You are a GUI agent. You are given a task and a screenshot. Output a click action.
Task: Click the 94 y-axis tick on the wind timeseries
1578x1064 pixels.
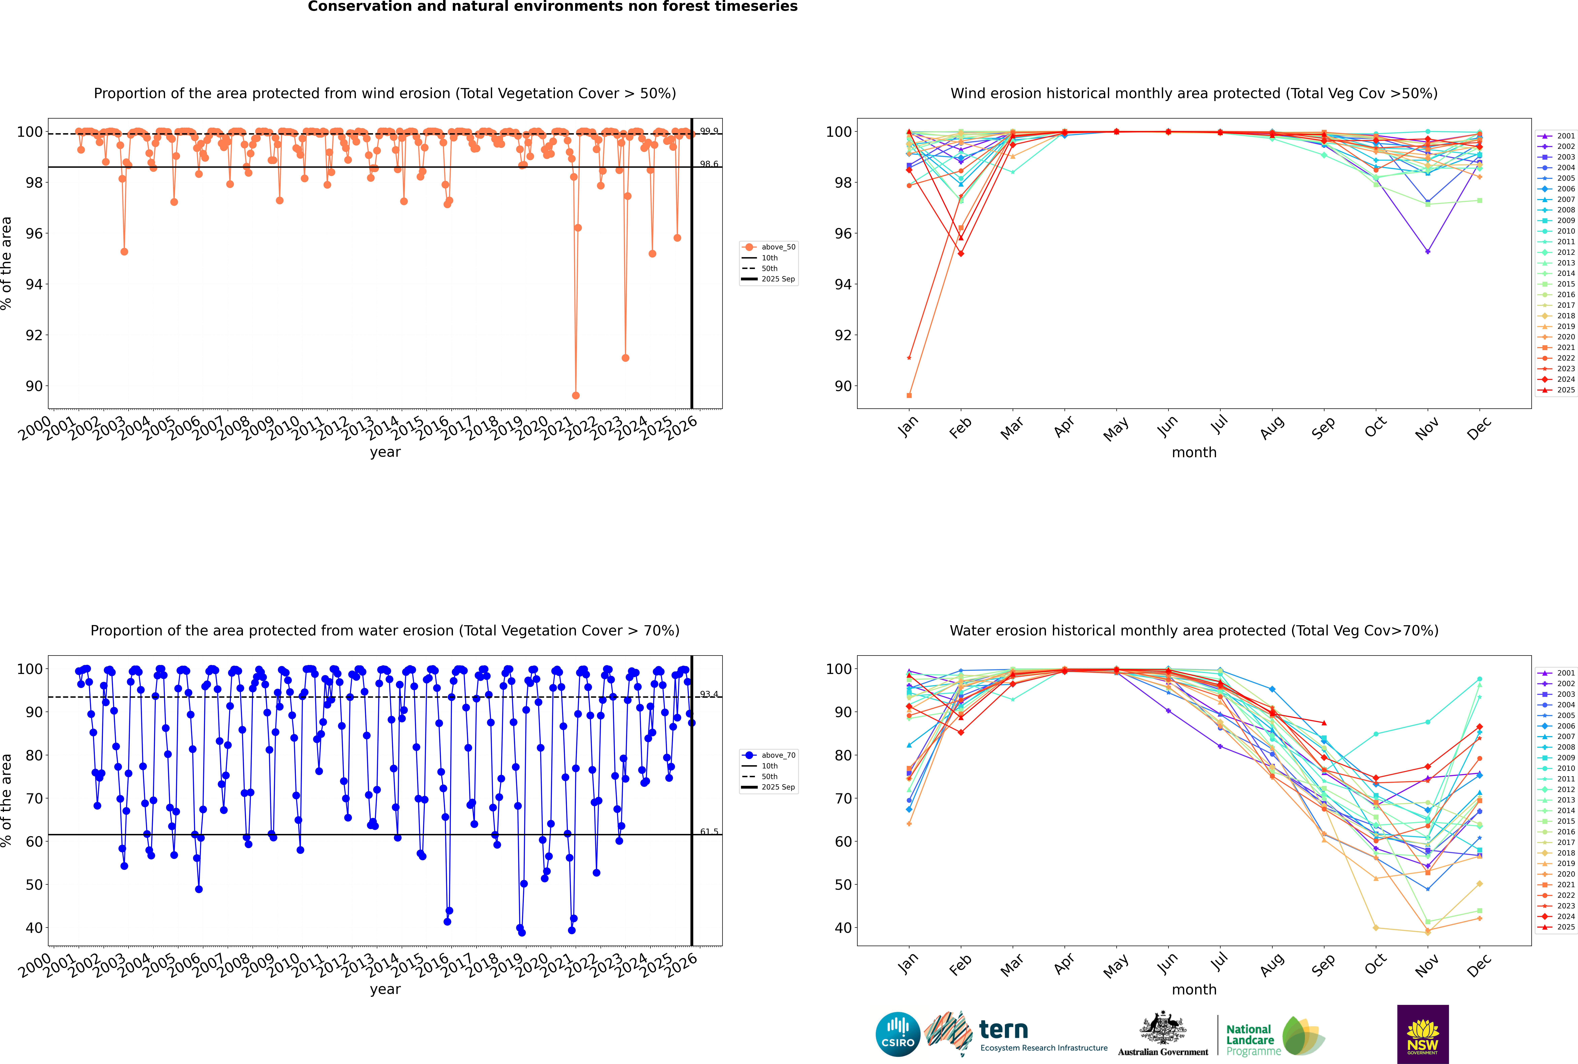[34, 284]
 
